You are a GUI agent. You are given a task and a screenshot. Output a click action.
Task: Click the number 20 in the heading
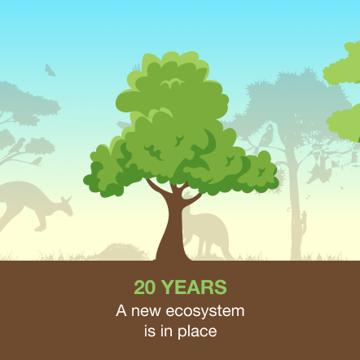coord(145,288)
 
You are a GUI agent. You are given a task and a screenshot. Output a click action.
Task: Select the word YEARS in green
coord(195,288)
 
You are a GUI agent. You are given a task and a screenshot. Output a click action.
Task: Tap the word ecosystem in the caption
coord(205,311)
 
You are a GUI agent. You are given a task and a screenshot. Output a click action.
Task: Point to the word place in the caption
coord(197,331)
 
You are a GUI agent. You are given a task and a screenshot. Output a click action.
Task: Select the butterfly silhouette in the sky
coord(50,70)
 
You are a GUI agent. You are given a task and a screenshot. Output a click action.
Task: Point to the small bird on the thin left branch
coord(37,161)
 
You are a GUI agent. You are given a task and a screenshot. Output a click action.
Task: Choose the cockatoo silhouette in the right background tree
coord(266,137)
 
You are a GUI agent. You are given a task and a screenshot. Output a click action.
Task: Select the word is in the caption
coord(149,330)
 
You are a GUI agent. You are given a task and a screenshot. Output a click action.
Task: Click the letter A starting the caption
coord(121,310)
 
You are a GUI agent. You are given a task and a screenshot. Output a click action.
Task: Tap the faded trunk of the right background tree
coord(295,206)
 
